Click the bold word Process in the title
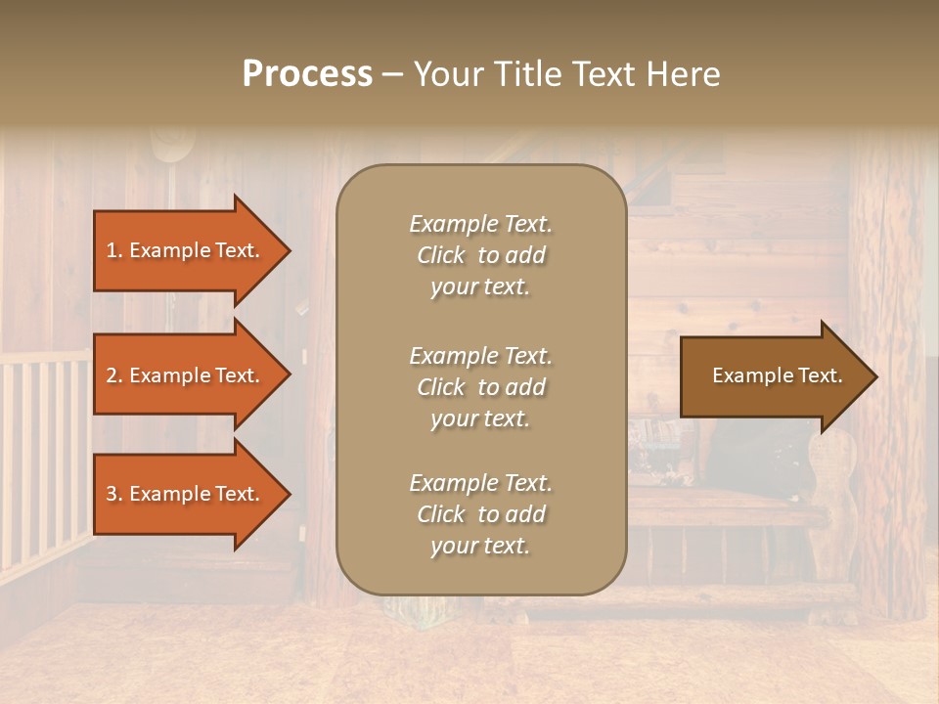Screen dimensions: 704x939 [x=307, y=74]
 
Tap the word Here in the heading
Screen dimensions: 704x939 [x=683, y=74]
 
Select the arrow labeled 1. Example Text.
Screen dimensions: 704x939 [x=186, y=250]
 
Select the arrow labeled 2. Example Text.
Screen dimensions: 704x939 [x=186, y=375]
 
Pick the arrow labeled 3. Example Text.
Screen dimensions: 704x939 [x=186, y=494]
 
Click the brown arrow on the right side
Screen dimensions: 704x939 [x=773, y=376]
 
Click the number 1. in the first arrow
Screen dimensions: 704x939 [x=114, y=250]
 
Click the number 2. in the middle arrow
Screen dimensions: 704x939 [x=114, y=375]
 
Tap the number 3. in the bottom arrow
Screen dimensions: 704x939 [x=114, y=494]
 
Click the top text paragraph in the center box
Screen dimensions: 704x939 [x=480, y=255]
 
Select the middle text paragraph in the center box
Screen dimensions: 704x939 [x=480, y=387]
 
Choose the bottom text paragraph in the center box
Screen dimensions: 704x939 [x=480, y=514]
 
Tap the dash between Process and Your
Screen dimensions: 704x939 [x=392, y=75]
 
